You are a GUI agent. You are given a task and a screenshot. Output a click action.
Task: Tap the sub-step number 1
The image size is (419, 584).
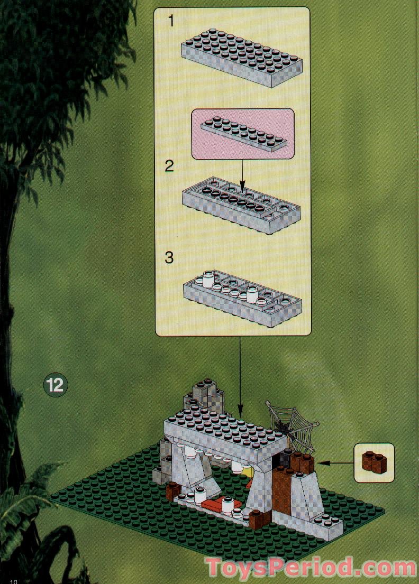tap(170, 21)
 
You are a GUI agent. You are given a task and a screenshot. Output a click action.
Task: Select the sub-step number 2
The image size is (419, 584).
tap(169, 166)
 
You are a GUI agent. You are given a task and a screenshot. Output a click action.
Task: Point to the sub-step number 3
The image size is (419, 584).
tap(169, 258)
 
